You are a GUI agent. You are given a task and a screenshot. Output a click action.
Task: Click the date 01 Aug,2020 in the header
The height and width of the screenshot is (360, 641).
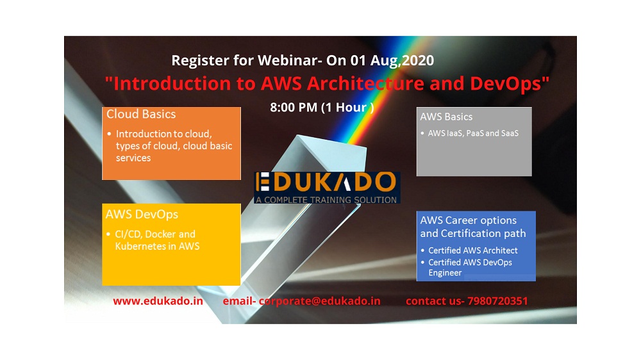392,60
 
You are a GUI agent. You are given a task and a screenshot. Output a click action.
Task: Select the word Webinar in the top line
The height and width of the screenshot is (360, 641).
287,60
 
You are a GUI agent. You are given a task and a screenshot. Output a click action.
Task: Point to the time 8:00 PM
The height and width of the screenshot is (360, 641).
294,107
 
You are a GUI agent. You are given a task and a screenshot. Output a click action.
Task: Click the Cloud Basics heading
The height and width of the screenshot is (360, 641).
141,114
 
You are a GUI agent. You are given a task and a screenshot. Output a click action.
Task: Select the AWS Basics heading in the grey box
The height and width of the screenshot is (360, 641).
446,117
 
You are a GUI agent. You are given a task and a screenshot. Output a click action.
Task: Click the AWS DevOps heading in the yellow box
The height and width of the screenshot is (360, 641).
142,215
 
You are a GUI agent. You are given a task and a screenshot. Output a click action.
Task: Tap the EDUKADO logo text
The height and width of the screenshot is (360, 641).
326,182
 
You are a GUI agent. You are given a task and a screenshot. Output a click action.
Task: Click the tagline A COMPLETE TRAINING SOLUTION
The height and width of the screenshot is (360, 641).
326,200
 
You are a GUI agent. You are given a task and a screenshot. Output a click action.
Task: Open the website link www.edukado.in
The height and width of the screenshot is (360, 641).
158,301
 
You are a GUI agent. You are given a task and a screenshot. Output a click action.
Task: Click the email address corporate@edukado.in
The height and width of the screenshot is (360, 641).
319,301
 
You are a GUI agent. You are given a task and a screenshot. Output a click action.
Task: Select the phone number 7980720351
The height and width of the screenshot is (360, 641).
497,301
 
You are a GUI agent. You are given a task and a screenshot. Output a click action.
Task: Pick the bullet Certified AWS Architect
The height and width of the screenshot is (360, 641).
473,250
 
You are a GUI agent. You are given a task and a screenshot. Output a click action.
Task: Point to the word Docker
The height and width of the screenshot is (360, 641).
160,234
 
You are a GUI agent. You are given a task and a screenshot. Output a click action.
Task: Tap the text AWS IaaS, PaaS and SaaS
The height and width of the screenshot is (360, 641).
473,133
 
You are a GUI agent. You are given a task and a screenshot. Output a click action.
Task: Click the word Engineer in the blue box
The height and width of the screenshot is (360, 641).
445,273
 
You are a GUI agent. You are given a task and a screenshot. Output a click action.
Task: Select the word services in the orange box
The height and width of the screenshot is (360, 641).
133,158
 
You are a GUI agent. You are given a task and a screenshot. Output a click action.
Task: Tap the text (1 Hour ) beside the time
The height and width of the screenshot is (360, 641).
347,107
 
